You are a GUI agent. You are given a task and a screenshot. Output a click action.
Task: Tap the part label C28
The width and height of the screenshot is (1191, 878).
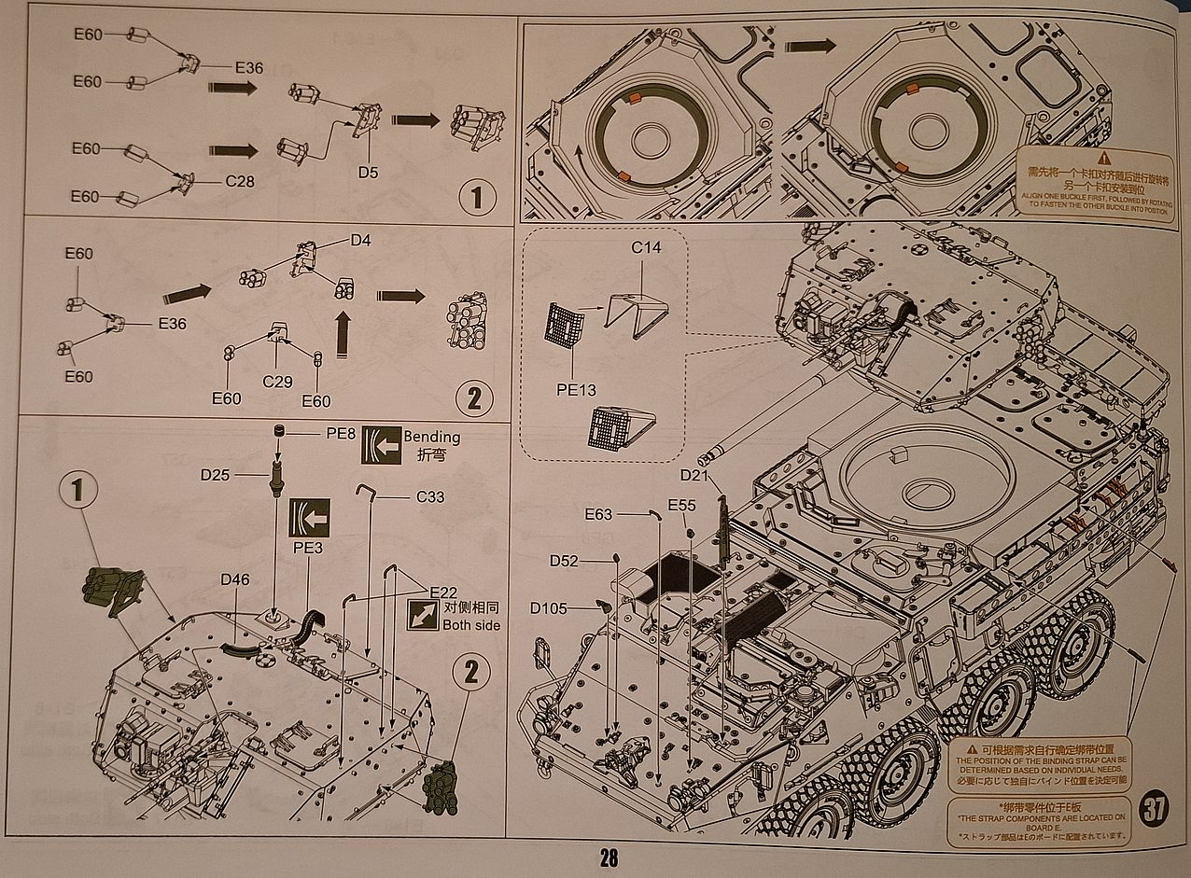pyautogui.click(x=240, y=181)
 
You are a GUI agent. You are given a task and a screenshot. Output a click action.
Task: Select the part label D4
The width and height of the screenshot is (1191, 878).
pyautogui.click(x=361, y=241)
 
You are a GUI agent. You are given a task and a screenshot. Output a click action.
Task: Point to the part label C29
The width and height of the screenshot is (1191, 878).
pyautogui.click(x=277, y=382)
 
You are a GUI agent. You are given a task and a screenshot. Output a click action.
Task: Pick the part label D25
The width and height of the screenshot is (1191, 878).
pyautogui.click(x=215, y=475)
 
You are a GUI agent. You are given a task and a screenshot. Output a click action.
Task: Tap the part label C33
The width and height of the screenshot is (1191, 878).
pyautogui.click(x=430, y=496)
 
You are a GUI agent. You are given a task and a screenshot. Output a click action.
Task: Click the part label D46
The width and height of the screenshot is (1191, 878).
pyautogui.click(x=235, y=579)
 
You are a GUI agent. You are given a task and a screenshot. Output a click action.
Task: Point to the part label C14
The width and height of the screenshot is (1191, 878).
pyautogui.click(x=646, y=248)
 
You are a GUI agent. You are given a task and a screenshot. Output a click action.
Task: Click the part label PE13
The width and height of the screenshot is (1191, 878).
pyautogui.click(x=576, y=390)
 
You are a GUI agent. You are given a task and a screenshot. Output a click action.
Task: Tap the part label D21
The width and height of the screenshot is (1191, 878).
pyautogui.click(x=695, y=476)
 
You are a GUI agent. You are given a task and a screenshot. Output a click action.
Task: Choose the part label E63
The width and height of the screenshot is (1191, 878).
pyautogui.click(x=598, y=514)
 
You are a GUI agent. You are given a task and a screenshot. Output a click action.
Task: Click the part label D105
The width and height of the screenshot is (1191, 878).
pyautogui.click(x=549, y=608)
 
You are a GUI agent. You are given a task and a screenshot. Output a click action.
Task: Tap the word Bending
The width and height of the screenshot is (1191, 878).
pyautogui.click(x=431, y=437)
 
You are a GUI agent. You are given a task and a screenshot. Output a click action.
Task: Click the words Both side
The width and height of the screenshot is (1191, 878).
pyautogui.click(x=470, y=625)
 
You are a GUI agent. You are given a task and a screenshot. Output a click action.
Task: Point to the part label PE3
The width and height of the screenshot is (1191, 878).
pyautogui.click(x=308, y=548)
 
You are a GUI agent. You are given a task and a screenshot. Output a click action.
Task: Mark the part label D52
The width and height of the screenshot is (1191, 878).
pyautogui.click(x=564, y=561)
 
